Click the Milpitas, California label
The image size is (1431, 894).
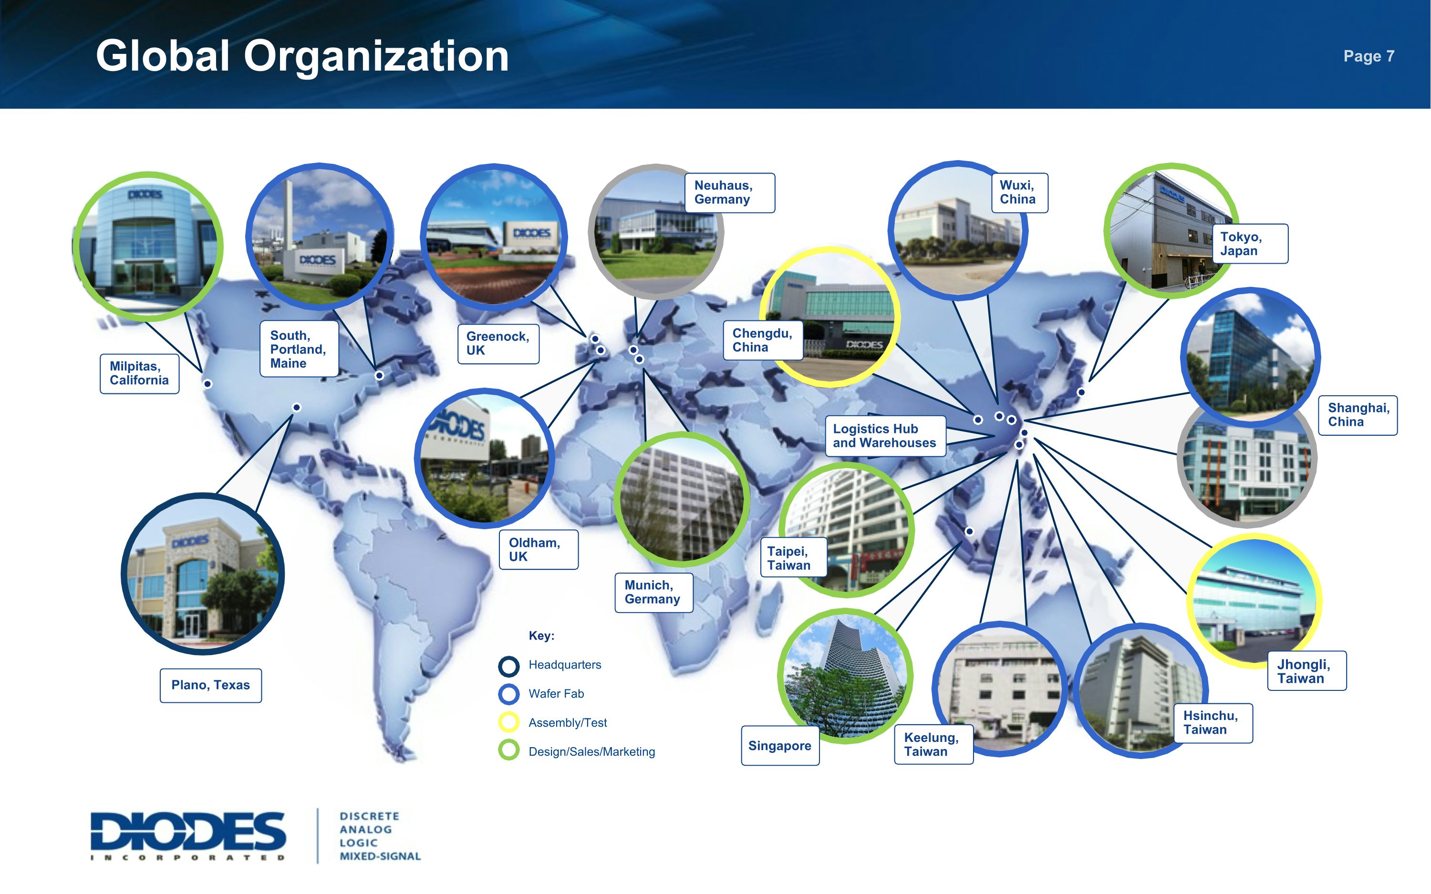point(140,374)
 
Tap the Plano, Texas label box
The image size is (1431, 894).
point(210,685)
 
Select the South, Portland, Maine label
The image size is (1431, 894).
point(299,349)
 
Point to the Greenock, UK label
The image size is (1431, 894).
point(498,343)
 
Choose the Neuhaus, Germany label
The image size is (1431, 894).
point(729,193)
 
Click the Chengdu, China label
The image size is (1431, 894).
point(763,340)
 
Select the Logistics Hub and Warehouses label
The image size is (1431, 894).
point(885,436)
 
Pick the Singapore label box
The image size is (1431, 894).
point(780,746)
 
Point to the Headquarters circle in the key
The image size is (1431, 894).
point(508,666)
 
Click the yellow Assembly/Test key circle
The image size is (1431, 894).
point(508,722)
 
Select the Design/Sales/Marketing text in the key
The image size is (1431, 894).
point(591,751)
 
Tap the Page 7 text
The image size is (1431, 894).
point(1369,56)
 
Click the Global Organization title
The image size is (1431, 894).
point(302,56)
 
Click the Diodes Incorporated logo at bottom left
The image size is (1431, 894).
point(188,835)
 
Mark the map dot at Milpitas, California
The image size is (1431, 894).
point(207,384)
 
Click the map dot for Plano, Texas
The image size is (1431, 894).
point(297,407)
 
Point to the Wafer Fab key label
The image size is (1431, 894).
point(556,694)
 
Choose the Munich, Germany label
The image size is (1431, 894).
point(653,593)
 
